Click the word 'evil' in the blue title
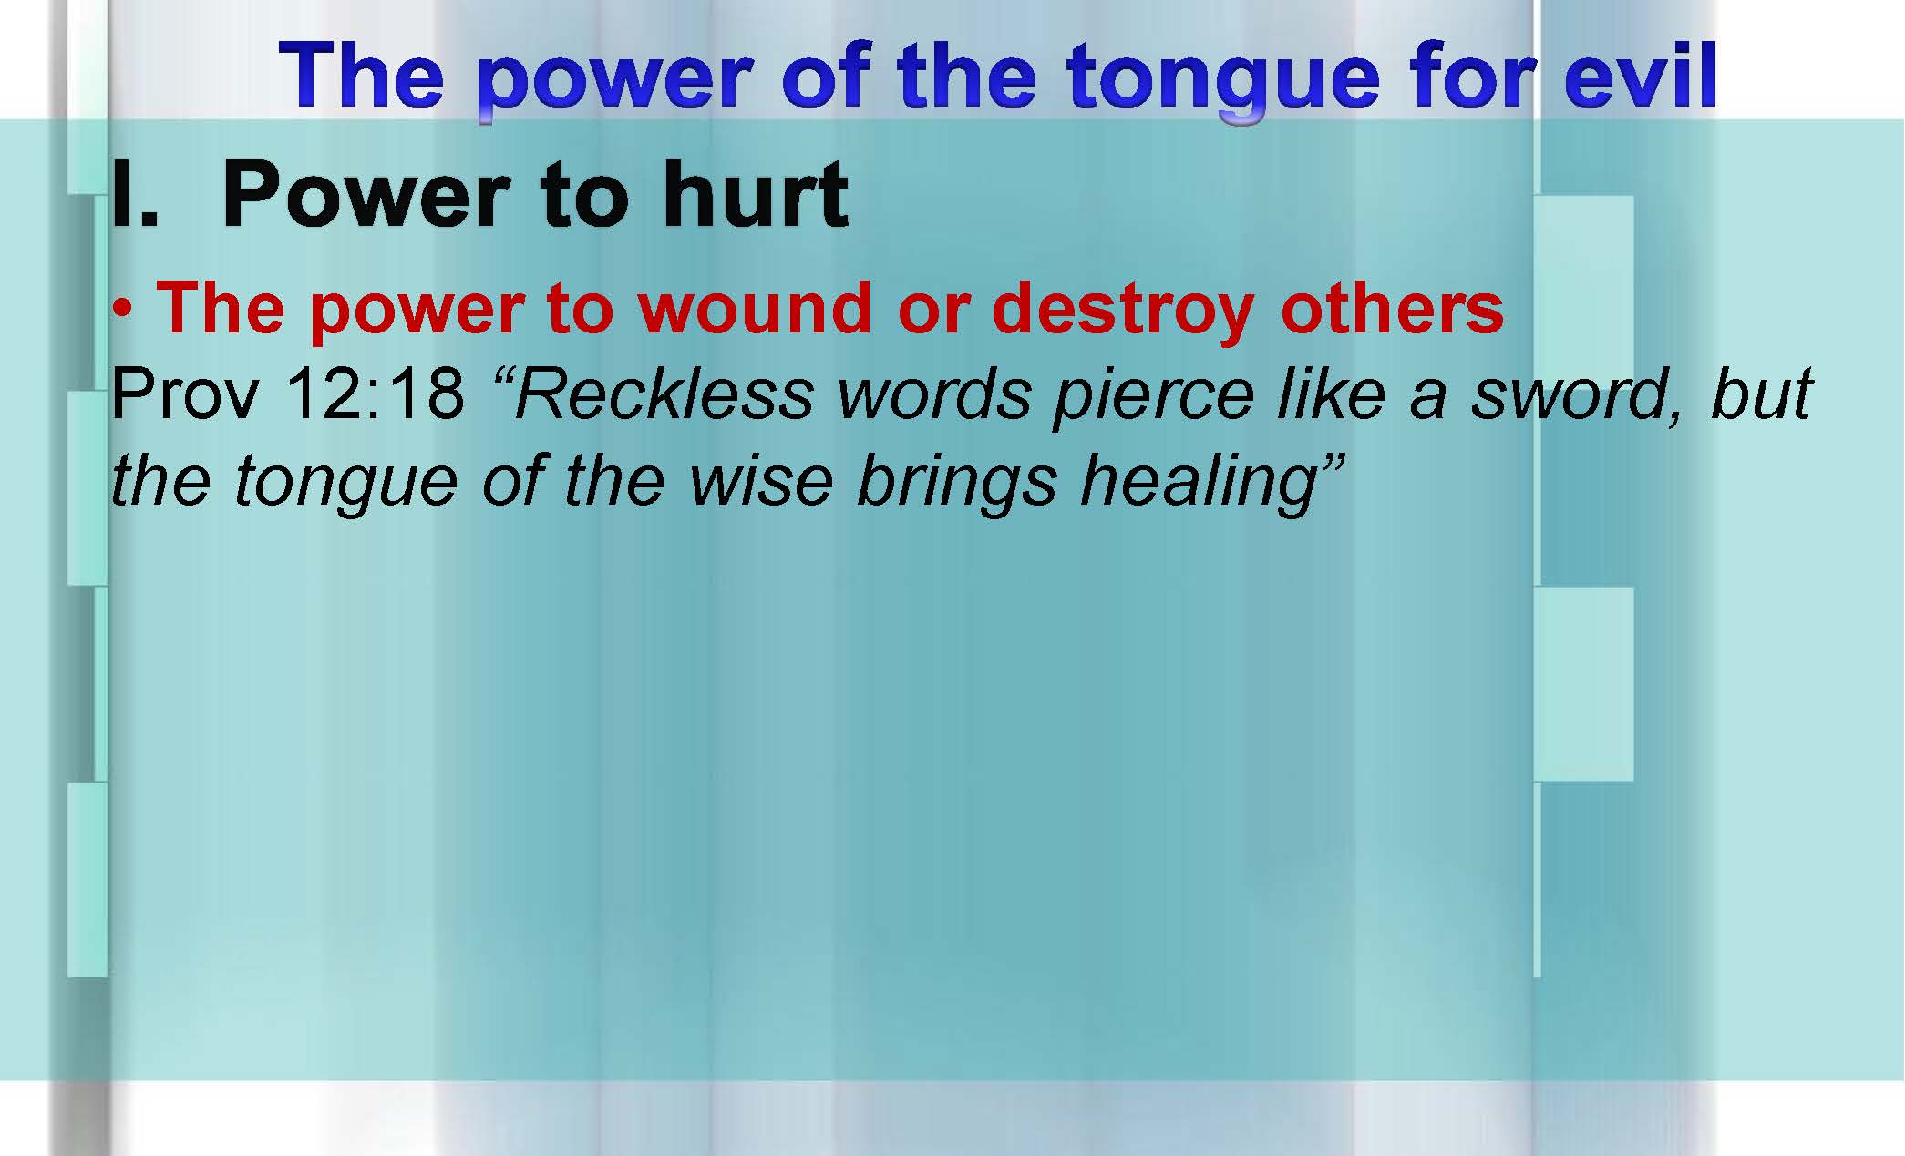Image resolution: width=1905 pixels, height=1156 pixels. tap(1640, 76)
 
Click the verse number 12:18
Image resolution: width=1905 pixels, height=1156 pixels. tap(375, 395)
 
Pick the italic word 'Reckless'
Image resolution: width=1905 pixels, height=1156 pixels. tap(666, 394)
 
